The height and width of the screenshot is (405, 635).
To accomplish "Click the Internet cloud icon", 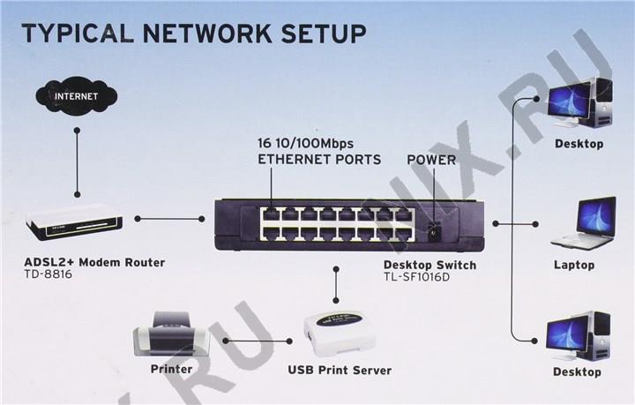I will coord(77,94).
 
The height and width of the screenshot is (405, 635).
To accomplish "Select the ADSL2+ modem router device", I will coord(74,222).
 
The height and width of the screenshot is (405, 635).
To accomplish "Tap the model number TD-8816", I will coord(49,275).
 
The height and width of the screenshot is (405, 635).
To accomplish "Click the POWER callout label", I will coord(431,160).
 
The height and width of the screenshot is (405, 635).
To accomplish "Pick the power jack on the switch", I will coord(434,231).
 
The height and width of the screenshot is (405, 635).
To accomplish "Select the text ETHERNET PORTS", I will coord(319,160).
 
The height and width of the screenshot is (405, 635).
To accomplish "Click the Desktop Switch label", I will coord(430,265).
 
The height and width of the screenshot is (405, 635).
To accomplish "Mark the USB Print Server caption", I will coord(340,370).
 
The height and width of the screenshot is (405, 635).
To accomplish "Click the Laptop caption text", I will coord(574,265).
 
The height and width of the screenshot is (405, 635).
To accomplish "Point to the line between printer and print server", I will coord(257,340).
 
